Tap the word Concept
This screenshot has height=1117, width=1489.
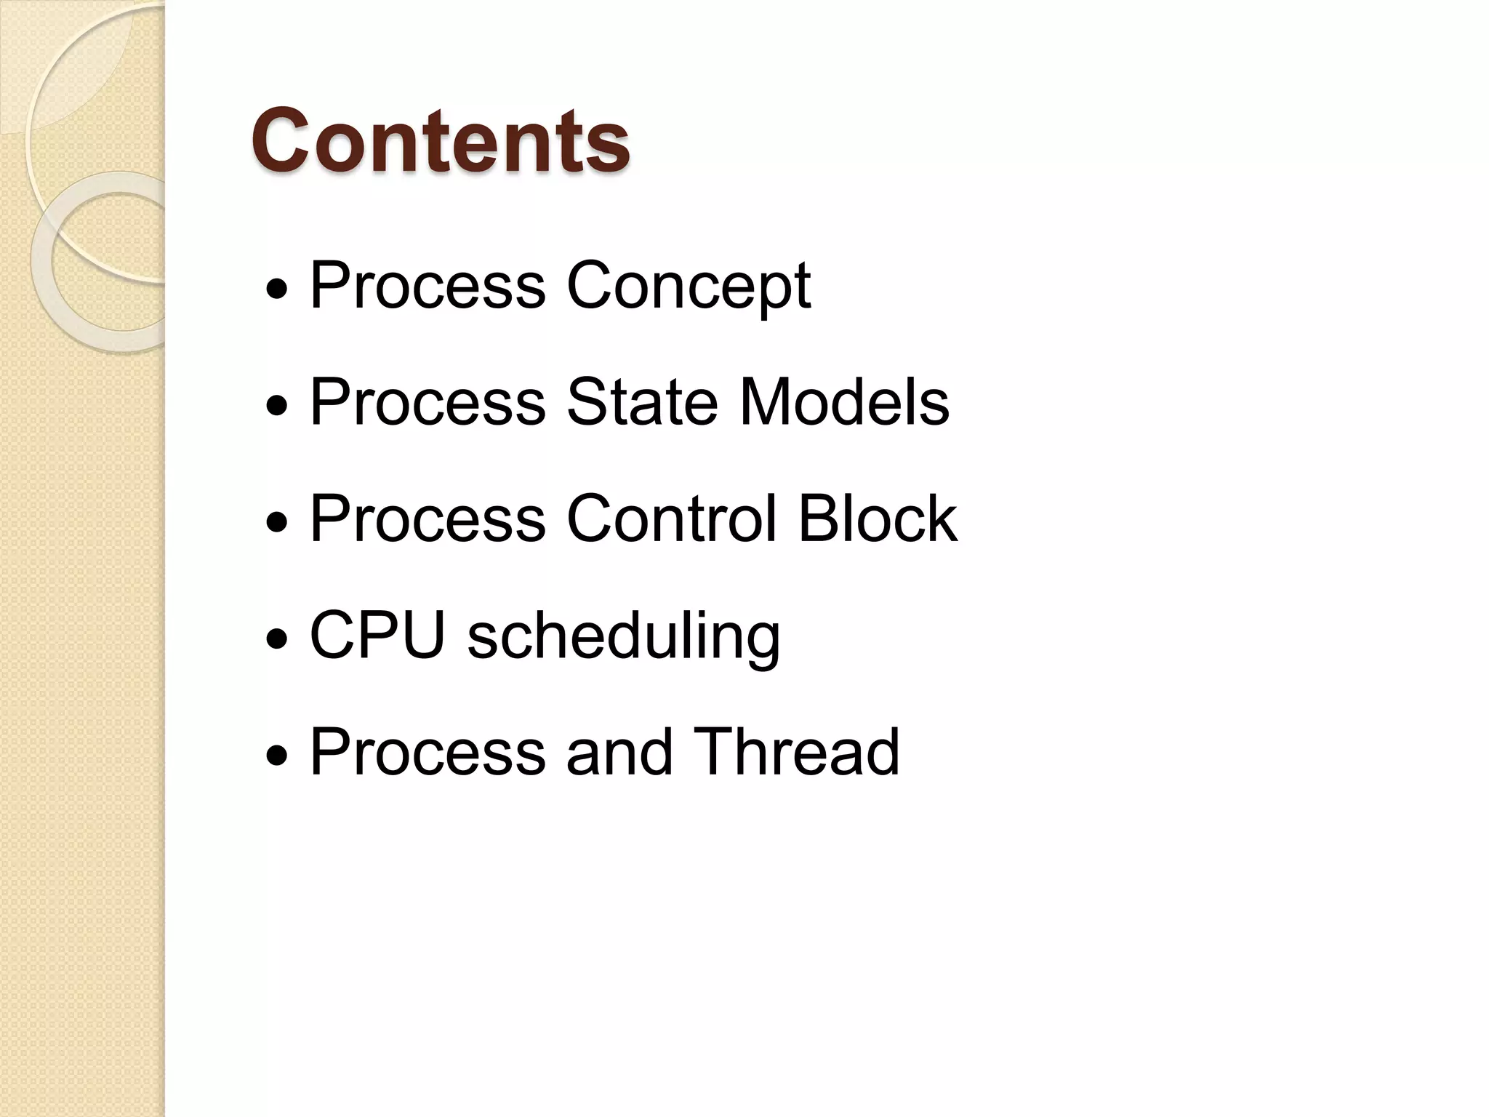click(x=688, y=287)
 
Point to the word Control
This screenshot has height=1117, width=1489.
click(x=671, y=519)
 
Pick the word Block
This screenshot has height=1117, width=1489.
click(x=878, y=519)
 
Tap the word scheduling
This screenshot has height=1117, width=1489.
click(x=624, y=638)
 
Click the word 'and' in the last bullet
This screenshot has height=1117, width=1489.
click(x=619, y=753)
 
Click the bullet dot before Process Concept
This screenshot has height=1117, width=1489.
click(x=277, y=290)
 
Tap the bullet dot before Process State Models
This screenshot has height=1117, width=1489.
click(x=277, y=407)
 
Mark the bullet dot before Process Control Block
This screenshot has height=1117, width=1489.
click(x=277, y=523)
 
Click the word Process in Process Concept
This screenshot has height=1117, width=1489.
click(x=428, y=287)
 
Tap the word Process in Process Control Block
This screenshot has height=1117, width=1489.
click(x=428, y=519)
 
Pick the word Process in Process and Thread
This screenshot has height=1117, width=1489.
click(x=428, y=753)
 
